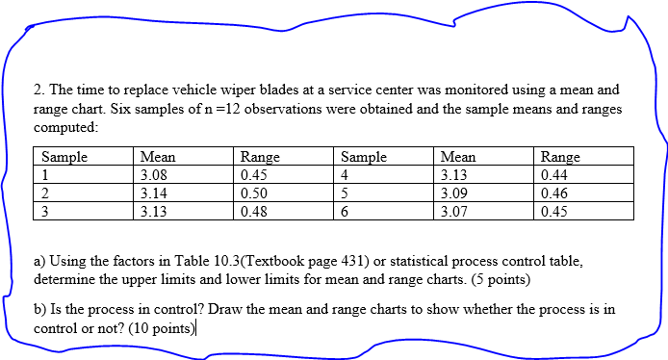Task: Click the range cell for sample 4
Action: point(554,175)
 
